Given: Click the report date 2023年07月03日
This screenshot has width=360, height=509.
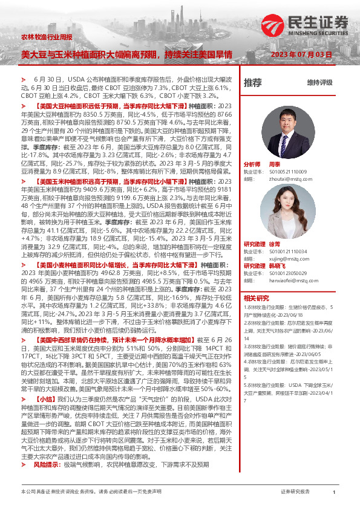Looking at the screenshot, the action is pyautogui.click(x=301, y=54).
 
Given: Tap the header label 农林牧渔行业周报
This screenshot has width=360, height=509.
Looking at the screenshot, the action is pyautogui.click(x=46, y=37).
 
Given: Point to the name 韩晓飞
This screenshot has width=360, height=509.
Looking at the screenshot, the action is pyautogui.click(x=277, y=265).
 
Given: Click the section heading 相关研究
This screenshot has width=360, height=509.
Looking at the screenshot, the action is pyautogui.click(x=257, y=298).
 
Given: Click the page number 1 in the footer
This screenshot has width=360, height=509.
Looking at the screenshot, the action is pyautogui.click(x=334, y=493).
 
